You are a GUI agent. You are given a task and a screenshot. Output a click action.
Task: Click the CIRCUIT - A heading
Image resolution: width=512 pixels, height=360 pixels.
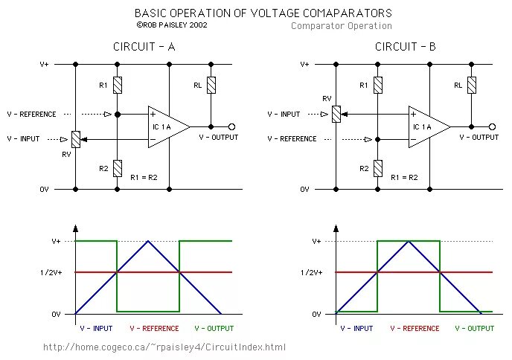point(144,46)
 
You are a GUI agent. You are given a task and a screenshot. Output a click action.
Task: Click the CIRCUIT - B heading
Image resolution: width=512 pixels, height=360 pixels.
point(406,46)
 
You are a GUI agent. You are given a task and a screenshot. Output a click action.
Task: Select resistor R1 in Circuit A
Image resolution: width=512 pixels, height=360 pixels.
point(118,85)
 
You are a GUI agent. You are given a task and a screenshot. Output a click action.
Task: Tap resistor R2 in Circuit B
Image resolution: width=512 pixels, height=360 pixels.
point(378,168)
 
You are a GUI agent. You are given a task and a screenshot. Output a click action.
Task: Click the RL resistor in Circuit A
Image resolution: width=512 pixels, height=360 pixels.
point(211,85)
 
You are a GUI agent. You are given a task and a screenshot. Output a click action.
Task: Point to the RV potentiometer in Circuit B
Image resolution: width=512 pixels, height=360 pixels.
point(336,114)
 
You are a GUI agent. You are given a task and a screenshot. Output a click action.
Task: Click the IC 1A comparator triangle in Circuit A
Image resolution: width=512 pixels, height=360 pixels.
point(166,126)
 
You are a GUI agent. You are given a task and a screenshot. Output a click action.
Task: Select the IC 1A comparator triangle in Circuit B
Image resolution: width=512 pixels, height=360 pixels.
point(426,126)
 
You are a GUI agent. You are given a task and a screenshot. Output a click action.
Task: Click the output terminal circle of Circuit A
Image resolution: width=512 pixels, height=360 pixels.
point(232,126)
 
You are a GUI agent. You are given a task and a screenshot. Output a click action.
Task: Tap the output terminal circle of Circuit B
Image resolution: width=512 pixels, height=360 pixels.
point(493,126)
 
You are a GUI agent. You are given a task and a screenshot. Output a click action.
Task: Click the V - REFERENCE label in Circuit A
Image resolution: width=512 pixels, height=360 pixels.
point(31,115)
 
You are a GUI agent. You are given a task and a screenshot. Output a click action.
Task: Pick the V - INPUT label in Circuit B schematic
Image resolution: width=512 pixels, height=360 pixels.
point(284,115)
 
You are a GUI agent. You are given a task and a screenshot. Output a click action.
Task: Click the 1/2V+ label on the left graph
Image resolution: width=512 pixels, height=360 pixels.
point(57,272)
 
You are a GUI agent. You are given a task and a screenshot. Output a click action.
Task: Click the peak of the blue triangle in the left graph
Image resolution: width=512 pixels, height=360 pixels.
point(149,241)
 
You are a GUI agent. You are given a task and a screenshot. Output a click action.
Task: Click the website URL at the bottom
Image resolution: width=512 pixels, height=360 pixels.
point(164,347)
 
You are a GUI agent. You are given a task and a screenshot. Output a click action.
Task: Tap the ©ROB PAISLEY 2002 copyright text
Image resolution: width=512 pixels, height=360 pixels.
point(172,25)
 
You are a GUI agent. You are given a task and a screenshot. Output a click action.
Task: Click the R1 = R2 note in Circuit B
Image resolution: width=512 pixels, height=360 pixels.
point(405,177)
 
